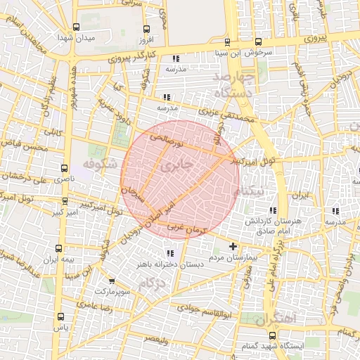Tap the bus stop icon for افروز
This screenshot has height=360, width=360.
point(146,29)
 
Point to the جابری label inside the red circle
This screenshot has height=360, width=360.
point(176,167)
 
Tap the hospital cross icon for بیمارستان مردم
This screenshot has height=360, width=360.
point(233,246)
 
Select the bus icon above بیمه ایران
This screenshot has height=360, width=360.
point(60,247)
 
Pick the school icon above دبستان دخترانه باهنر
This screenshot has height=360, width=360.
point(169,253)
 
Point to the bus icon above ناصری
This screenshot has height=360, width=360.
point(65,169)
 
